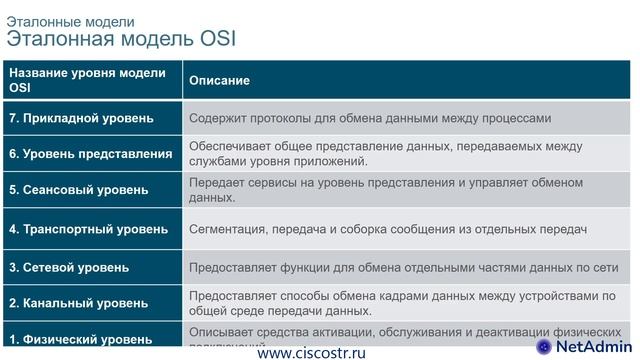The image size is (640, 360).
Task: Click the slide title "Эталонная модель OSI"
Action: [x=122, y=40]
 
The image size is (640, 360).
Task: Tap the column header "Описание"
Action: [x=219, y=80]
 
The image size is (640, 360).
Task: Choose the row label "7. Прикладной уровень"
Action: [x=81, y=118]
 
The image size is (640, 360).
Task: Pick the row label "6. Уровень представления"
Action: [x=89, y=153]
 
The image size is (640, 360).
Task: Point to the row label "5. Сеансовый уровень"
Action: [x=78, y=189]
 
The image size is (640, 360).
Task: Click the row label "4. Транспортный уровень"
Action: [x=88, y=229]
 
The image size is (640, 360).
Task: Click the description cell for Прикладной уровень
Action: [x=370, y=118]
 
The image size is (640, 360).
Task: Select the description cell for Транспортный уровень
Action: [x=386, y=229]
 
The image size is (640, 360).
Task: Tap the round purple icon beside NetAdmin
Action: [x=543, y=346]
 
